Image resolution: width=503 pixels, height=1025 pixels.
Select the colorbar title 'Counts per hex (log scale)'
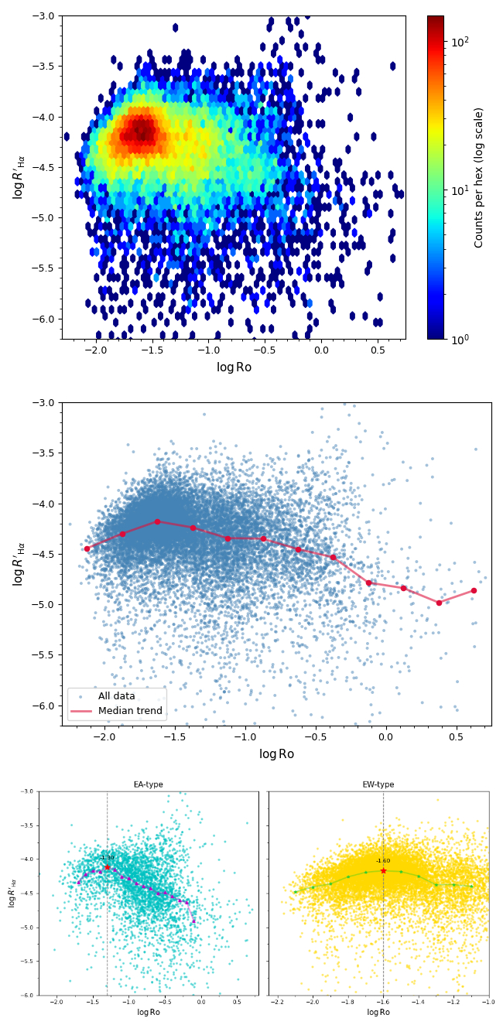click(x=479, y=177)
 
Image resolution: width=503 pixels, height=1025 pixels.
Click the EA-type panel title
click(x=149, y=784)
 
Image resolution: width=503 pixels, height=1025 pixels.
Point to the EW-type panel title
click(x=378, y=784)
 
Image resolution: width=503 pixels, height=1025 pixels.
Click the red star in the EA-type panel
click(x=107, y=868)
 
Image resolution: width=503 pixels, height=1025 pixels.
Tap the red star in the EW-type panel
click(x=383, y=870)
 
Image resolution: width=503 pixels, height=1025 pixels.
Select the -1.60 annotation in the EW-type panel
click(x=383, y=860)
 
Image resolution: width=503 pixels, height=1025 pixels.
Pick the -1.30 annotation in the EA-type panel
click(x=107, y=857)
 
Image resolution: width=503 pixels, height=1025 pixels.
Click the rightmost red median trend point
click(x=474, y=590)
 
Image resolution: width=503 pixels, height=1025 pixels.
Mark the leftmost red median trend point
click(x=87, y=548)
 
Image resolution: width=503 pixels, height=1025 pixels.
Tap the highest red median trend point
click(x=157, y=521)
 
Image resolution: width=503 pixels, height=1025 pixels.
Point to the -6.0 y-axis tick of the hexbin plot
click(x=45, y=319)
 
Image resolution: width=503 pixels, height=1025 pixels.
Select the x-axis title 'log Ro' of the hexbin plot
click(x=234, y=367)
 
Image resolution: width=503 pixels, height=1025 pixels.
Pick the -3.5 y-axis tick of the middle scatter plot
click(x=45, y=453)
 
